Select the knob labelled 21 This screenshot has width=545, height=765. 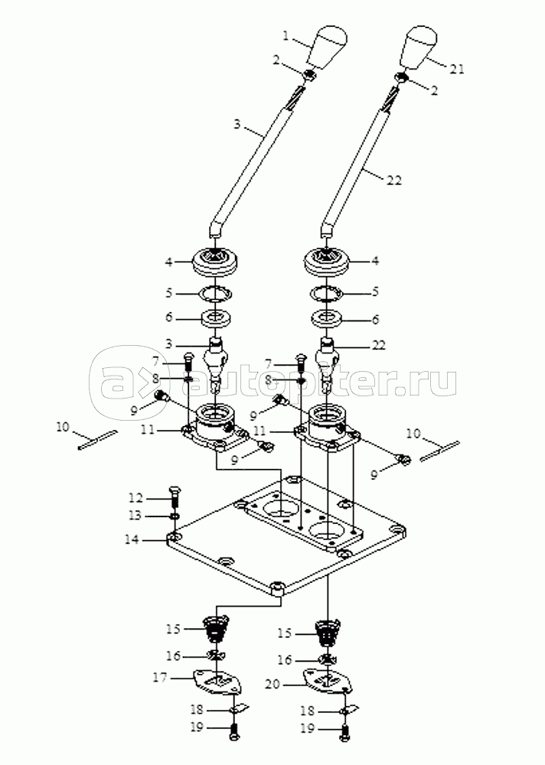(419, 46)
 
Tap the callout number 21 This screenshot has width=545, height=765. (457, 69)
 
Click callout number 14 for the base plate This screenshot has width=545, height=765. (132, 539)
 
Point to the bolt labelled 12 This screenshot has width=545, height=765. (175, 497)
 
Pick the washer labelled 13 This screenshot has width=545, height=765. (175, 516)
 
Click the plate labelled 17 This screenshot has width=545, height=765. (217, 682)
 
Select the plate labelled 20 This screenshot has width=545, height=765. (328, 681)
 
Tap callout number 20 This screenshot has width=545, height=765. (273, 685)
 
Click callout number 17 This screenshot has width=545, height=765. (160, 677)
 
